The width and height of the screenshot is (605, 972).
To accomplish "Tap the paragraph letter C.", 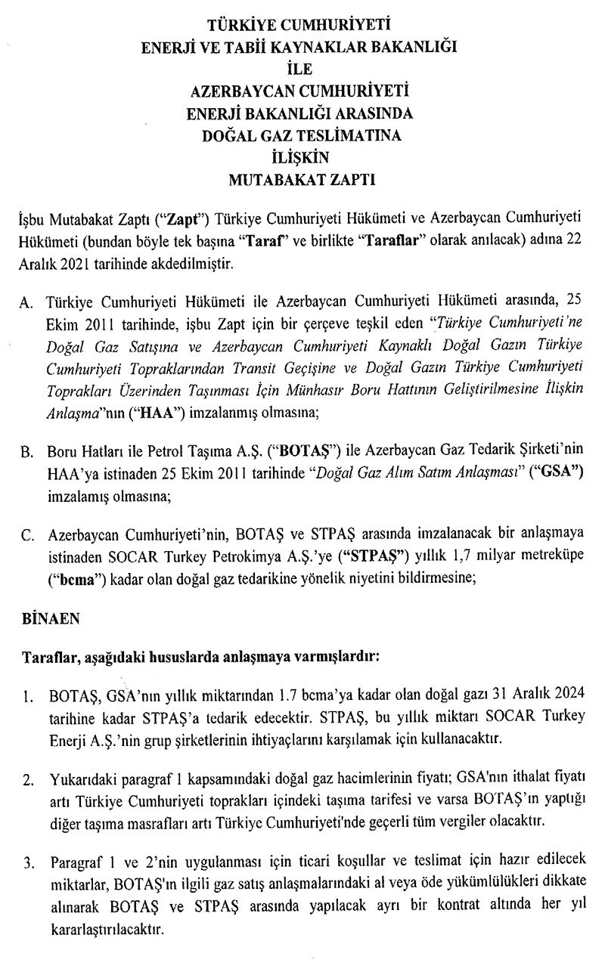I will (x=26, y=537).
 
